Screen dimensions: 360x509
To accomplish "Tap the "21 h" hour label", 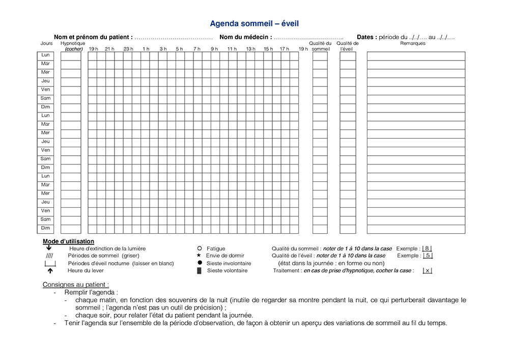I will point(109,49).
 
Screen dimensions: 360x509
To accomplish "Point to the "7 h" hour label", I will point(196,49).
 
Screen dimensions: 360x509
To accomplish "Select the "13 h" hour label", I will point(250,49).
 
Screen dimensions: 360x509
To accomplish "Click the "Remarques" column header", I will point(413,43).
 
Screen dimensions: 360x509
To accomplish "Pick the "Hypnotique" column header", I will point(72,43).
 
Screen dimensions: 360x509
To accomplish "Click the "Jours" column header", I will point(46,43).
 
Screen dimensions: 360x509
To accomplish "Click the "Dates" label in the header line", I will point(367,37).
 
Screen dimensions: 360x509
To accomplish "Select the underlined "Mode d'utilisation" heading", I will point(68,241).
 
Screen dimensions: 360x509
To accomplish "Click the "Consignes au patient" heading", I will point(76,285).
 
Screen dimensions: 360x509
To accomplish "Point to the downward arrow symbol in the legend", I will point(48,248).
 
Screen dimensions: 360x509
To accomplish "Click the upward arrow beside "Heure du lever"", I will point(50,271).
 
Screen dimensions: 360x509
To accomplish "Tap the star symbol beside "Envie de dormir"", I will point(200,256).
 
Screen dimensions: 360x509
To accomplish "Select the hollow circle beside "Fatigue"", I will point(200,248).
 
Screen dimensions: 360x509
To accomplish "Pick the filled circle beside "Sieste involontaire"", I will point(200,263).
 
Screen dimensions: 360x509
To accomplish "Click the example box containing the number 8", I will point(427,248).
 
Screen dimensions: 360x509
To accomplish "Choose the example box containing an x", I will point(427,271).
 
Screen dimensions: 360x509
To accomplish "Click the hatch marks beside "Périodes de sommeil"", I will point(49,256).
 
